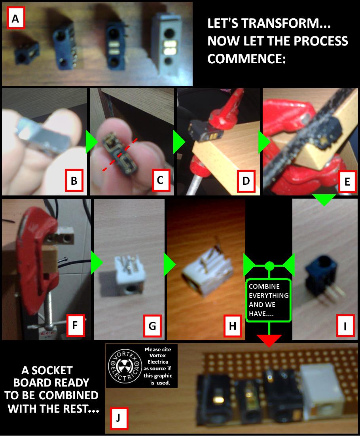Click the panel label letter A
click(x=16, y=19)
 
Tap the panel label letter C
click(x=160, y=180)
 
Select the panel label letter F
click(x=75, y=325)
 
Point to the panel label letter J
click(x=119, y=418)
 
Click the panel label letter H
click(x=232, y=326)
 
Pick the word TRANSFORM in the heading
click(x=286, y=23)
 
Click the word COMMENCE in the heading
click(x=246, y=59)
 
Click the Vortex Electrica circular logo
click(x=124, y=366)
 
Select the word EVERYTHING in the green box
click(x=269, y=295)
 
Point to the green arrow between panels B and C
click(x=92, y=142)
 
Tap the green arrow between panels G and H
click(x=170, y=264)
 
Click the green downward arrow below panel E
click(x=324, y=200)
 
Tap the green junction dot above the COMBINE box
click(x=269, y=266)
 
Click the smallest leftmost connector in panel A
click(x=27, y=55)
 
